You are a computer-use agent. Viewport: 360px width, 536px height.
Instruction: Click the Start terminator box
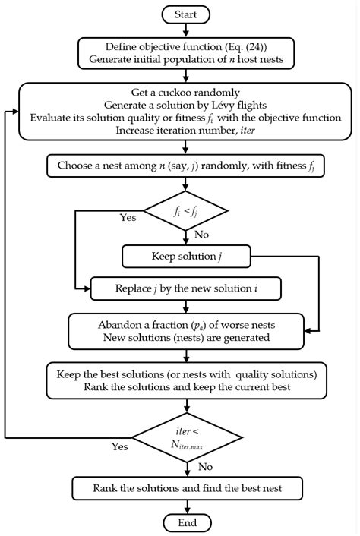click(x=187, y=14)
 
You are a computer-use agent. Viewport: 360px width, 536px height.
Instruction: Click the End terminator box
click(x=187, y=522)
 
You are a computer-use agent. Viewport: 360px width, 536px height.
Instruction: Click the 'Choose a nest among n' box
click(x=187, y=166)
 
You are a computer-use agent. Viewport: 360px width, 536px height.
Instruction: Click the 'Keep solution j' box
click(x=187, y=256)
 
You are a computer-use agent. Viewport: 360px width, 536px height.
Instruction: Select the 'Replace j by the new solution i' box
click(x=187, y=288)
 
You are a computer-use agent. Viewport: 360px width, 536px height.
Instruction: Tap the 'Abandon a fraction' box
click(x=187, y=330)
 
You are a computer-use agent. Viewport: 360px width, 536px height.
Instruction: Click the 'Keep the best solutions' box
click(x=187, y=381)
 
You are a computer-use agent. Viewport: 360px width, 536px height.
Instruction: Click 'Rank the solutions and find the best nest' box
click(x=187, y=487)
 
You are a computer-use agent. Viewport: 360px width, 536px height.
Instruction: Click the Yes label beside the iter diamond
click(x=120, y=446)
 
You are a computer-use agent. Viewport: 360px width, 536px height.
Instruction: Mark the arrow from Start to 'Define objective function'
click(x=187, y=30)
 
